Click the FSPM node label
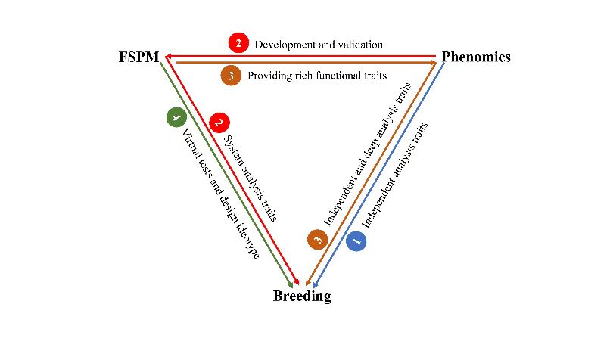pos(138,57)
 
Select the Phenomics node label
pos(476,57)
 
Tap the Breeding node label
pos(302,296)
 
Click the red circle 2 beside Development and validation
pos(238,43)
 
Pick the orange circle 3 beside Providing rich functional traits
pos(231,75)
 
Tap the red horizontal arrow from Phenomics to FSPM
pos(303,55)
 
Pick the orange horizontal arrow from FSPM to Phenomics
pos(303,64)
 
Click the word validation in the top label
pos(360,44)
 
